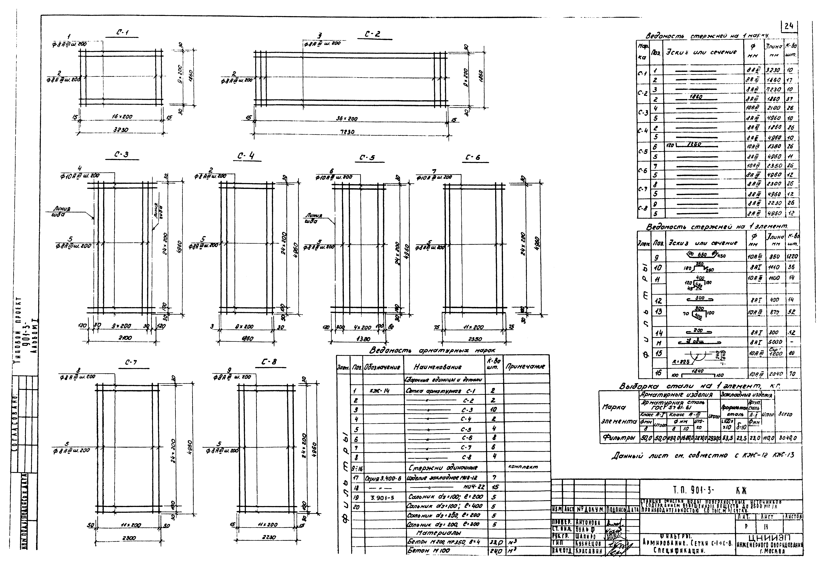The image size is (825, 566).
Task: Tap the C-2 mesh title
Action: [x=373, y=34]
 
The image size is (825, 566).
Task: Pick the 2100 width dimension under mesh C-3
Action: [x=125, y=338]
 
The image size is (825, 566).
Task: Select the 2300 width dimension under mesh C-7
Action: [x=129, y=538]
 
